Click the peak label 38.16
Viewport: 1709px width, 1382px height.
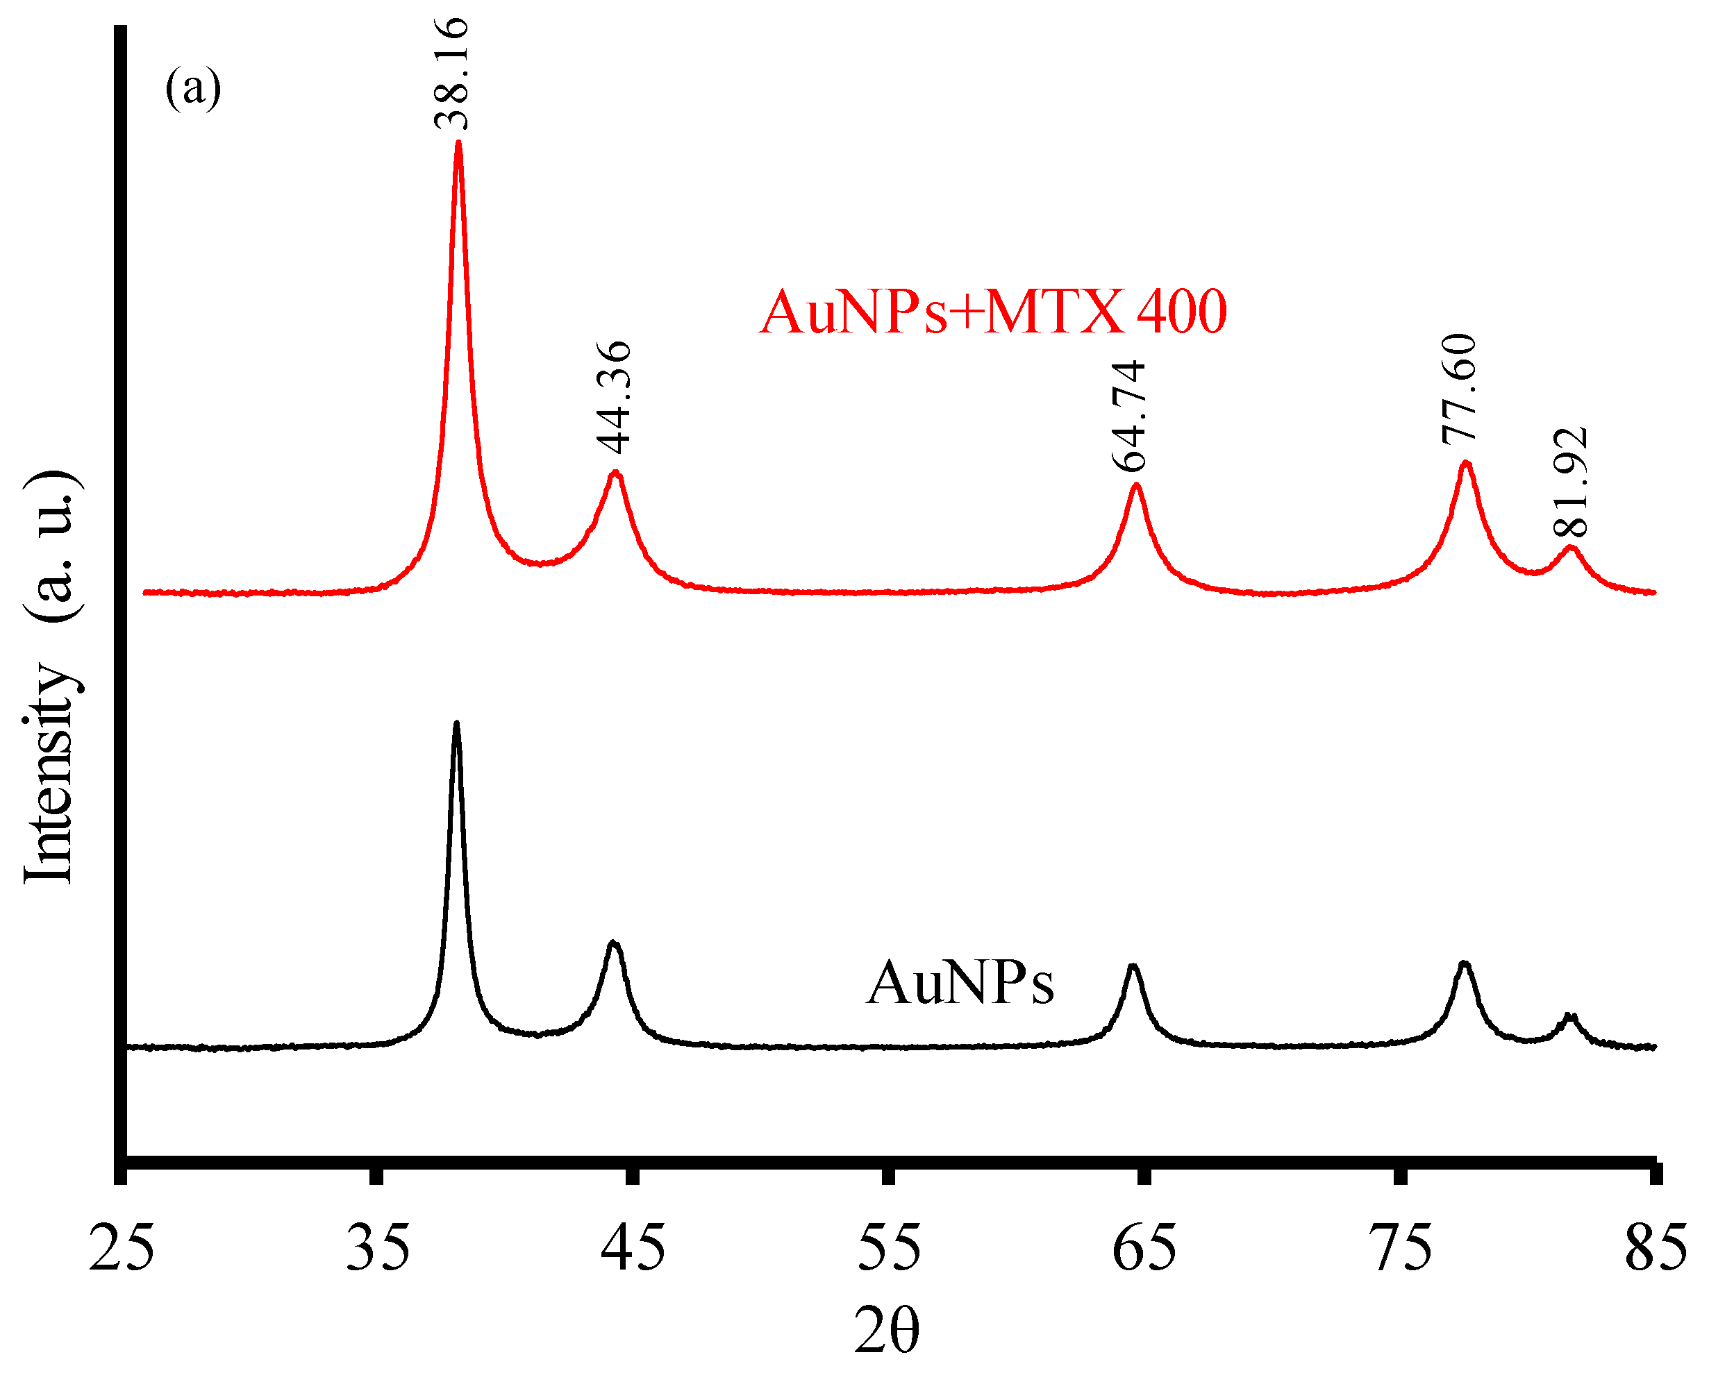click(x=451, y=74)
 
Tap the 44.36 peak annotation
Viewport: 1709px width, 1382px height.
click(x=614, y=396)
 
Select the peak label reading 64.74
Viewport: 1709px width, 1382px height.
click(x=1128, y=416)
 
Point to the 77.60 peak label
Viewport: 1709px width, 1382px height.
click(x=1459, y=388)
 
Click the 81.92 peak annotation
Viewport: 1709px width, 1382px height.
click(x=1570, y=482)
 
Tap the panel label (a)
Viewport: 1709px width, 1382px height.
click(x=193, y=87)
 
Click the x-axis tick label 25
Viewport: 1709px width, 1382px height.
click(x=121, y=1247)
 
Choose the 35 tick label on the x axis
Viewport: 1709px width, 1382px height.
click(x=378, y=1247)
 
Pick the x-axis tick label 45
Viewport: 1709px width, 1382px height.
click(x=633, y=1247)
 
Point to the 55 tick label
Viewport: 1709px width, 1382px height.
click(x=889, y=1247)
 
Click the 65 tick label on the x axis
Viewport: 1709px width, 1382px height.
click(x=1144, y=1247)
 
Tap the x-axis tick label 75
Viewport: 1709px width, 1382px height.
click(x=1400, y=1247)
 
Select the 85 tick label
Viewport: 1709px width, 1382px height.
click(x=1656, y=1247)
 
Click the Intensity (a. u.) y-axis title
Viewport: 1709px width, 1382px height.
click(x=49, y=677)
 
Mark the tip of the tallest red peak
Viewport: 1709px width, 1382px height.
click(x=458, y=143)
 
